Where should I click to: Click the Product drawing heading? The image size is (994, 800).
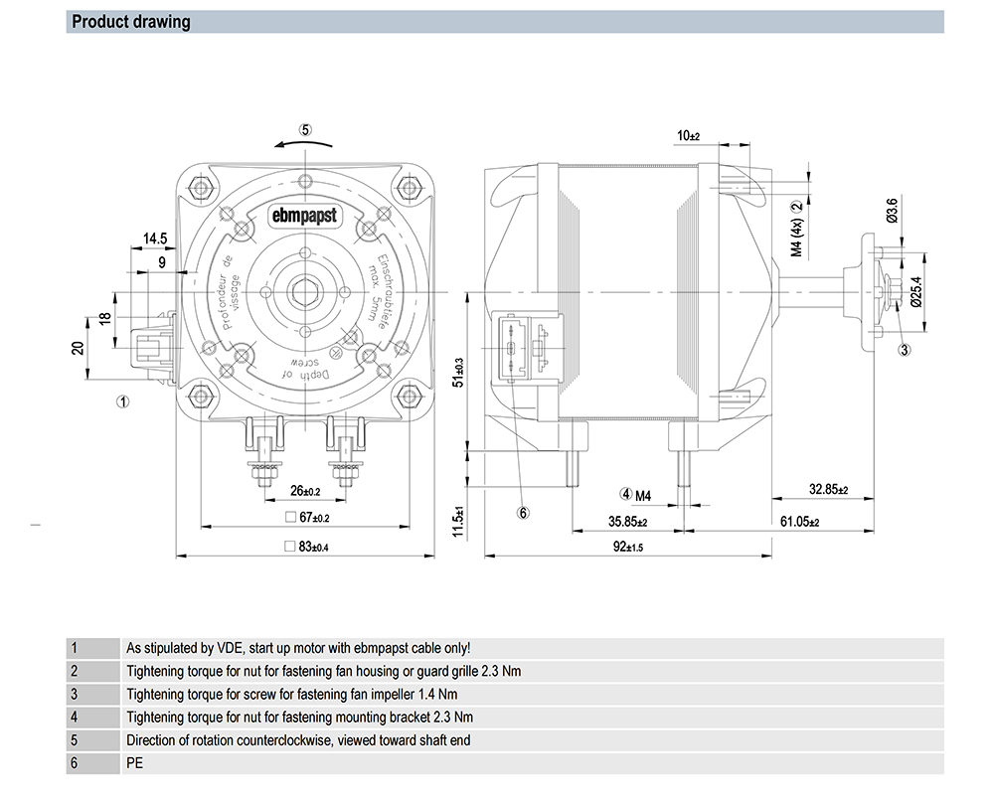(x=132, y=22)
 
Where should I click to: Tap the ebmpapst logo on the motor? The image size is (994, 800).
(x=306, y=216)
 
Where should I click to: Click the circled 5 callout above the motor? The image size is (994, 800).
(x=306, y=129)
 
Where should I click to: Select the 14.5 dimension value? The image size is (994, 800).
(x=154, y=240)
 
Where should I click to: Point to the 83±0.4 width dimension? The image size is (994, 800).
(x=306, y=547)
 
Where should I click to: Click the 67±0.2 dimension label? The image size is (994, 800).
(x=306, y=518)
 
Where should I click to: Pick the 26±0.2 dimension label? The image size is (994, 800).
(x=304, y=491)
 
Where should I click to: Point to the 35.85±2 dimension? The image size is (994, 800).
(x=628, y=521)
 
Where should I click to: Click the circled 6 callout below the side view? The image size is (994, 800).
(x=524, y=513)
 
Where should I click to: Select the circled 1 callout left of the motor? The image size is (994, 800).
(x=122, y=402)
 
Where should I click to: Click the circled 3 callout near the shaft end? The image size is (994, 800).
(x=905, y=349)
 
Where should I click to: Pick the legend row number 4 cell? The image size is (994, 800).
(x=75, y=717)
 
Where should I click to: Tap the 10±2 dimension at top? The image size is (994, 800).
(x=688, y=135)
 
